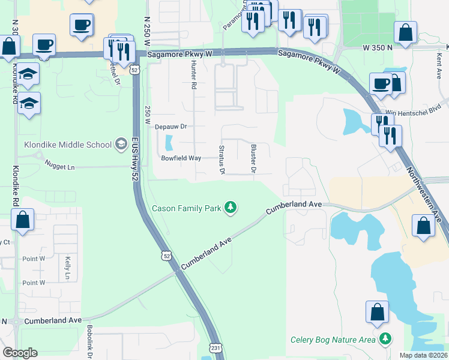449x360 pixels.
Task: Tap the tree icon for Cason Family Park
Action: [x=230, y=208]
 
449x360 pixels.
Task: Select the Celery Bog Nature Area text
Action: [x=333, y=340]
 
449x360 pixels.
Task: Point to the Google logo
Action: [x=20, y=353]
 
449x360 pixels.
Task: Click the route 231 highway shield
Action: [x=215, y=348]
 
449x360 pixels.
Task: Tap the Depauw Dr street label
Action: [x=171, y=127]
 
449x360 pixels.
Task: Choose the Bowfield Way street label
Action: [x=181, y=158]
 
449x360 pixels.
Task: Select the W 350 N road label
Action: [x=378, y=47]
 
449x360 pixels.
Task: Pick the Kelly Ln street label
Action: [x=66, y=268]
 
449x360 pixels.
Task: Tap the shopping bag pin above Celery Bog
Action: [x=378, y=313]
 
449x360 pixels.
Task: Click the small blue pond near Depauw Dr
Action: [x=167, y=143]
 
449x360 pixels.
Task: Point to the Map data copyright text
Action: [x=423, y=355]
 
